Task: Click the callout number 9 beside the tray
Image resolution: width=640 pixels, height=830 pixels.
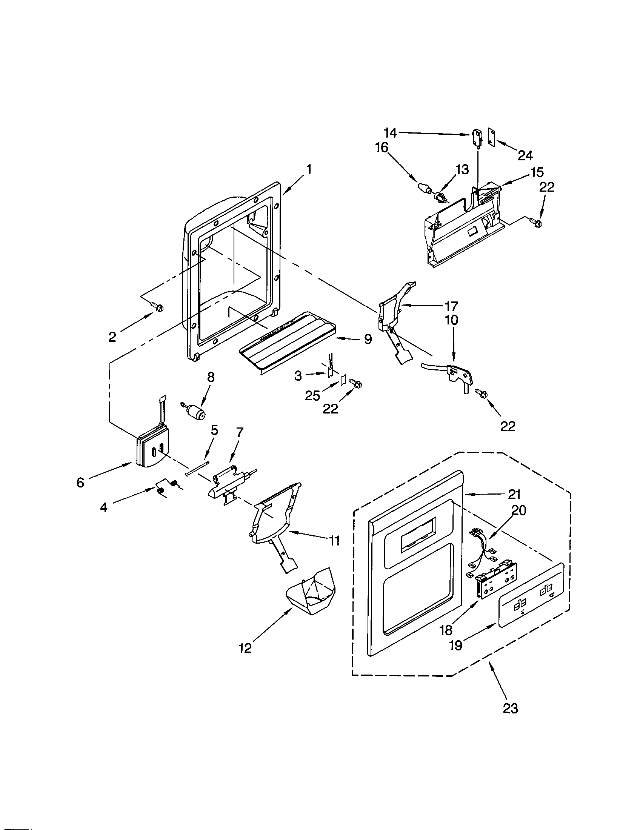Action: tap(368, 339)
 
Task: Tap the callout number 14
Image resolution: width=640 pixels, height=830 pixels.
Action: tap(390, 133)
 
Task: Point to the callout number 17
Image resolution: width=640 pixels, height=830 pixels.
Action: tap(451, 306)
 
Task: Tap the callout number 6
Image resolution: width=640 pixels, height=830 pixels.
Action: tap(80, 483)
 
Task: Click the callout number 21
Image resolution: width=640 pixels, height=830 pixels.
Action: tap(514, 495)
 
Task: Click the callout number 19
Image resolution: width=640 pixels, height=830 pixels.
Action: tap(455, 645)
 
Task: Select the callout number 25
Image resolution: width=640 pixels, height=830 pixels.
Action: tap(312, 396)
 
